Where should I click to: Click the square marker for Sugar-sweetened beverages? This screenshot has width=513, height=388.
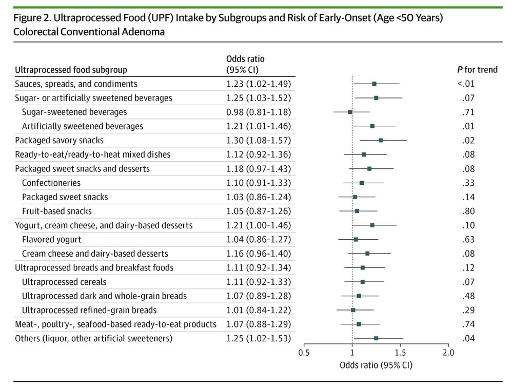[x=350, y=112]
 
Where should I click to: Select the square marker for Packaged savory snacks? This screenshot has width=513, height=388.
[x=381, y=140]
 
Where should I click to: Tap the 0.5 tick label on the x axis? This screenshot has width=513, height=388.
[x=304, y=353]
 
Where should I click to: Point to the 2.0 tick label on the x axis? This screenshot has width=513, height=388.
[x=448, y=353]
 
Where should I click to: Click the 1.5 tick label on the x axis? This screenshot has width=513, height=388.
[x=400, y=353]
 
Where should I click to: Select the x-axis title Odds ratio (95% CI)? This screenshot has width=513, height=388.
[x=376, y=365]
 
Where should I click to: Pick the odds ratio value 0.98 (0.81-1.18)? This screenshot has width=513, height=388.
[x=259, y=112]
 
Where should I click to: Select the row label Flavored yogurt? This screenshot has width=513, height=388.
[x=51, y=239]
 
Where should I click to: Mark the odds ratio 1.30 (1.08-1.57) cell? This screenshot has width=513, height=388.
[x=259, y=140]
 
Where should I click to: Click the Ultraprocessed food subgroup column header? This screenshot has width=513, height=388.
[x=71, y=69]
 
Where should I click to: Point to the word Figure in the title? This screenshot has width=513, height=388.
[x=27, y=18]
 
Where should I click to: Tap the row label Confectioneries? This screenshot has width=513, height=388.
[x=51, y=183]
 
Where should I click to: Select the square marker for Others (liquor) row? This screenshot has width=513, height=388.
[x=376, y=338]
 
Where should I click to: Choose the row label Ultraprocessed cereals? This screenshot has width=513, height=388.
[x=64, y=282]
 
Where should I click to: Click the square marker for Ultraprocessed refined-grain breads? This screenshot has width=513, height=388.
[x=353, y=310]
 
